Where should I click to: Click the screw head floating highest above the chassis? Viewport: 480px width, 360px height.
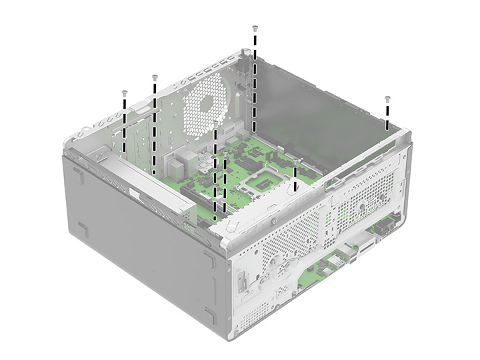click(x=255, y=28)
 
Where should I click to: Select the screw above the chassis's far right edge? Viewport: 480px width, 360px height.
click(x=387, y=99)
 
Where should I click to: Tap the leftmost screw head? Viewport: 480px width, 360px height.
click(x=124, y=93)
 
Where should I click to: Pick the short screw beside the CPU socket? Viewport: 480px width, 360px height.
click(x=295, y=161)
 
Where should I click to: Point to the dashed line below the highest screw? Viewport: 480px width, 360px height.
click(x=254, y=80)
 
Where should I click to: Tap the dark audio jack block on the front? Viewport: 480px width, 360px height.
click(x=385, y=227)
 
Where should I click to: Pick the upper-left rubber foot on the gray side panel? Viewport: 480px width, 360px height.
click(x=79, y=175)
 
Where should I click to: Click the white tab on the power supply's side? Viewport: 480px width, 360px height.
click(x=135, y=196)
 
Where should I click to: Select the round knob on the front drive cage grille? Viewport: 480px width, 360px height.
click(x=361, y=207)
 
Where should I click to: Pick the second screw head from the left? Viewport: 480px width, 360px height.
click(x=155, y=77)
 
